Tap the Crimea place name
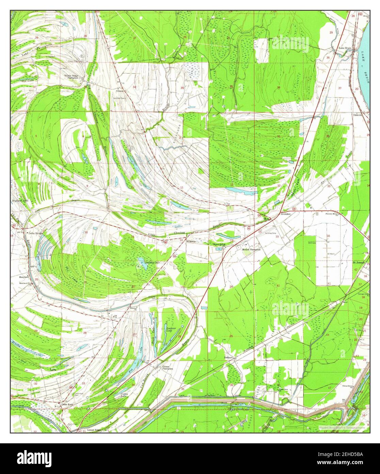point(119,91)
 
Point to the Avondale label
point(285,214)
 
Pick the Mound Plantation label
point(251,250)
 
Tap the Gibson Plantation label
point(167,368)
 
